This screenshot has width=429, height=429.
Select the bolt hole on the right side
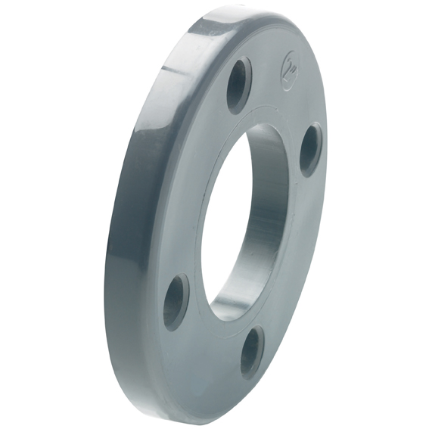click(310, 149)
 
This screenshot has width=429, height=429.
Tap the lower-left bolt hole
click(176, 300)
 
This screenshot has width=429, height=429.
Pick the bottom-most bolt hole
click(251, 352)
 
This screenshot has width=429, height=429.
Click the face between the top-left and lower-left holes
click(189, 189)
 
